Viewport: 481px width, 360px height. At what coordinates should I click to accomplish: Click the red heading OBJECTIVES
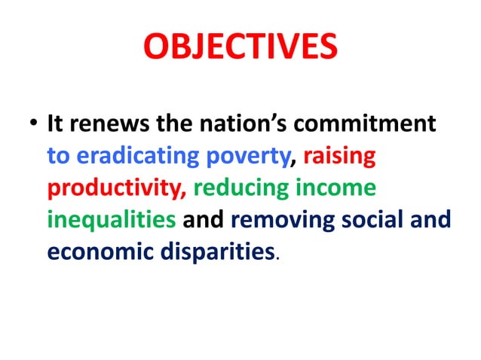(x=240, y=47)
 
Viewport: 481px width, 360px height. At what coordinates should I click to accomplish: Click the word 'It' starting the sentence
(x=55, y=123)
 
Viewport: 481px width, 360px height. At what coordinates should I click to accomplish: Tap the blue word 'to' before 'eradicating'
(x=59, y=157)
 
